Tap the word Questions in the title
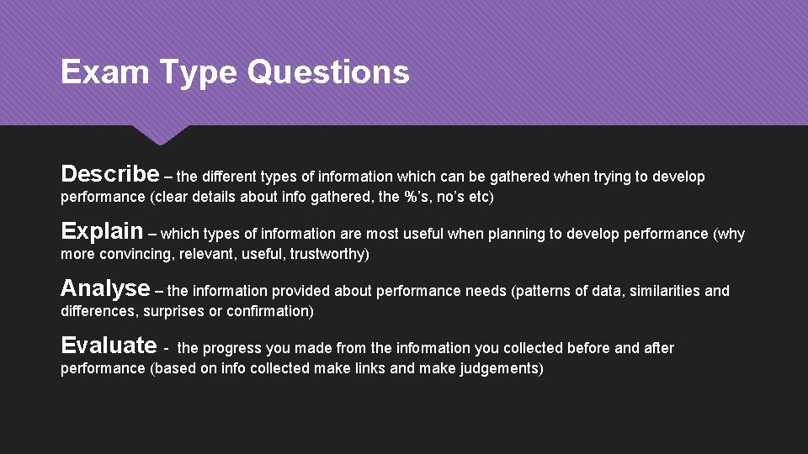tap(328, 72)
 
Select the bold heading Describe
tap(109, 174)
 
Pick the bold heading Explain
tap(102, 231)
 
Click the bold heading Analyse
tap(105, 288)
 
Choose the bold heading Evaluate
tap(109, 346)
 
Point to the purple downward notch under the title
tap(161, 135)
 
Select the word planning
tap(481, 234)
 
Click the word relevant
tap(204, 254)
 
